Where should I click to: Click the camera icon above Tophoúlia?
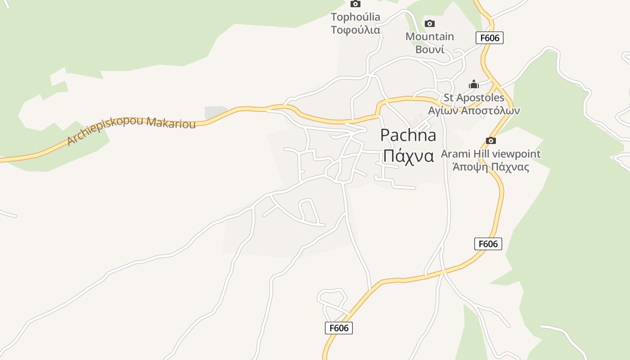[355, 4]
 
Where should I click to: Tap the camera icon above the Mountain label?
[430, 23]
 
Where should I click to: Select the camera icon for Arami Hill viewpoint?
[491, 140]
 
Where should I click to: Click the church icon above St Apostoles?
[473, 84]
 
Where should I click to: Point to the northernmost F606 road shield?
[490, 38]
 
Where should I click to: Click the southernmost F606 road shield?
[339, 328]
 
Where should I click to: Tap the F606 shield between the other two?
[488, 244]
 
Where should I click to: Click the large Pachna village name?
[408, 135]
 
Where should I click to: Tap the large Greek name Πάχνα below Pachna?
[408, 156]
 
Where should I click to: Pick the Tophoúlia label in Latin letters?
[355, 17]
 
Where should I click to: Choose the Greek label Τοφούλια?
[355, 30]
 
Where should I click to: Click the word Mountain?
[430, 36]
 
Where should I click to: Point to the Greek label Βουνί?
[430, 49]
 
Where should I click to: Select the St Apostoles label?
[474, 98]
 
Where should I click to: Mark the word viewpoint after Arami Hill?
[516, 154]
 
